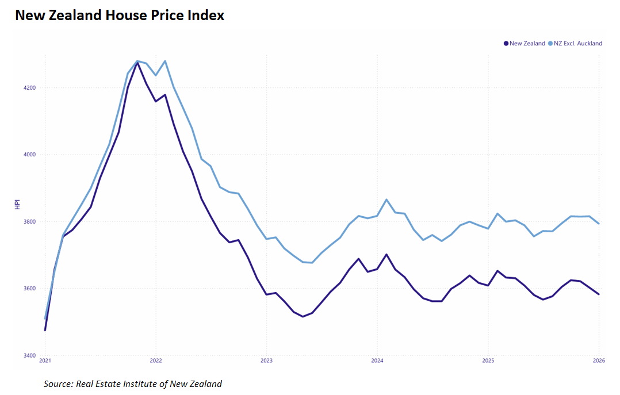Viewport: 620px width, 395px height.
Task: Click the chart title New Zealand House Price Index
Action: pyautogui.click(x=120, y=16)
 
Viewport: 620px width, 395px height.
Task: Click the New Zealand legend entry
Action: pyautogui.click(x=527, y=43)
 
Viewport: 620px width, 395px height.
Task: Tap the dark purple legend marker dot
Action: pyautogui.click(x=506, y=43)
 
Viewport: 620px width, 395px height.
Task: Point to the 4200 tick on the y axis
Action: pyautogui.click(x=29, y=88)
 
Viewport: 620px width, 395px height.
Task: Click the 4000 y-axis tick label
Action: pyautogui.click(x=29, y=155)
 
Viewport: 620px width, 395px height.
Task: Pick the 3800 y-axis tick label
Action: pyautogui.click(x=29, y=221)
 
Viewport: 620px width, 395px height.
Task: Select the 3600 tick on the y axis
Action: pyautogui.click(x=29, y=289)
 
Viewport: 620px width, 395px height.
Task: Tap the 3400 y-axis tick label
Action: pyautogui.click(x=29, y=355)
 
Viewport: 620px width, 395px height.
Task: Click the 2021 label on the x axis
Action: pyautogui.click(x=45, y=361)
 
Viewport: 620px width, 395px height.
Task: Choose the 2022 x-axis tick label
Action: pyautogui.click(x=155, y=361)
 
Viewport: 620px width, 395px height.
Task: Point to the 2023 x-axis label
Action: pyautogui.click(x=266, y=361)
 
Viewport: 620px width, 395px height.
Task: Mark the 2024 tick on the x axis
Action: pyautogui.click(x=377, y=361)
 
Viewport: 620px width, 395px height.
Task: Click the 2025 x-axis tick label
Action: pyautogui.click(x=488, y=361)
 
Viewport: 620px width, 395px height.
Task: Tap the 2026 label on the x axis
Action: pyautogui.click(x=598, y=361)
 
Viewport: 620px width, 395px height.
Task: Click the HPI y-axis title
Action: pyautogui.click(x=18, y=205)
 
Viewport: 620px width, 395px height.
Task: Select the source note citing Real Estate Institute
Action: pyautogui.click(x=133, y=384)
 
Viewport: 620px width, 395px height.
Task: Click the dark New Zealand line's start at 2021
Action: pyautogui.click(x=45, y=330)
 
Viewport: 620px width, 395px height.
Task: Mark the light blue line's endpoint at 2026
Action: pyautogui.click(x=599, y=224)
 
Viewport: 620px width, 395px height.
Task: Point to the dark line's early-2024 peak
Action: pyautogui.click(x=386, y=254)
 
